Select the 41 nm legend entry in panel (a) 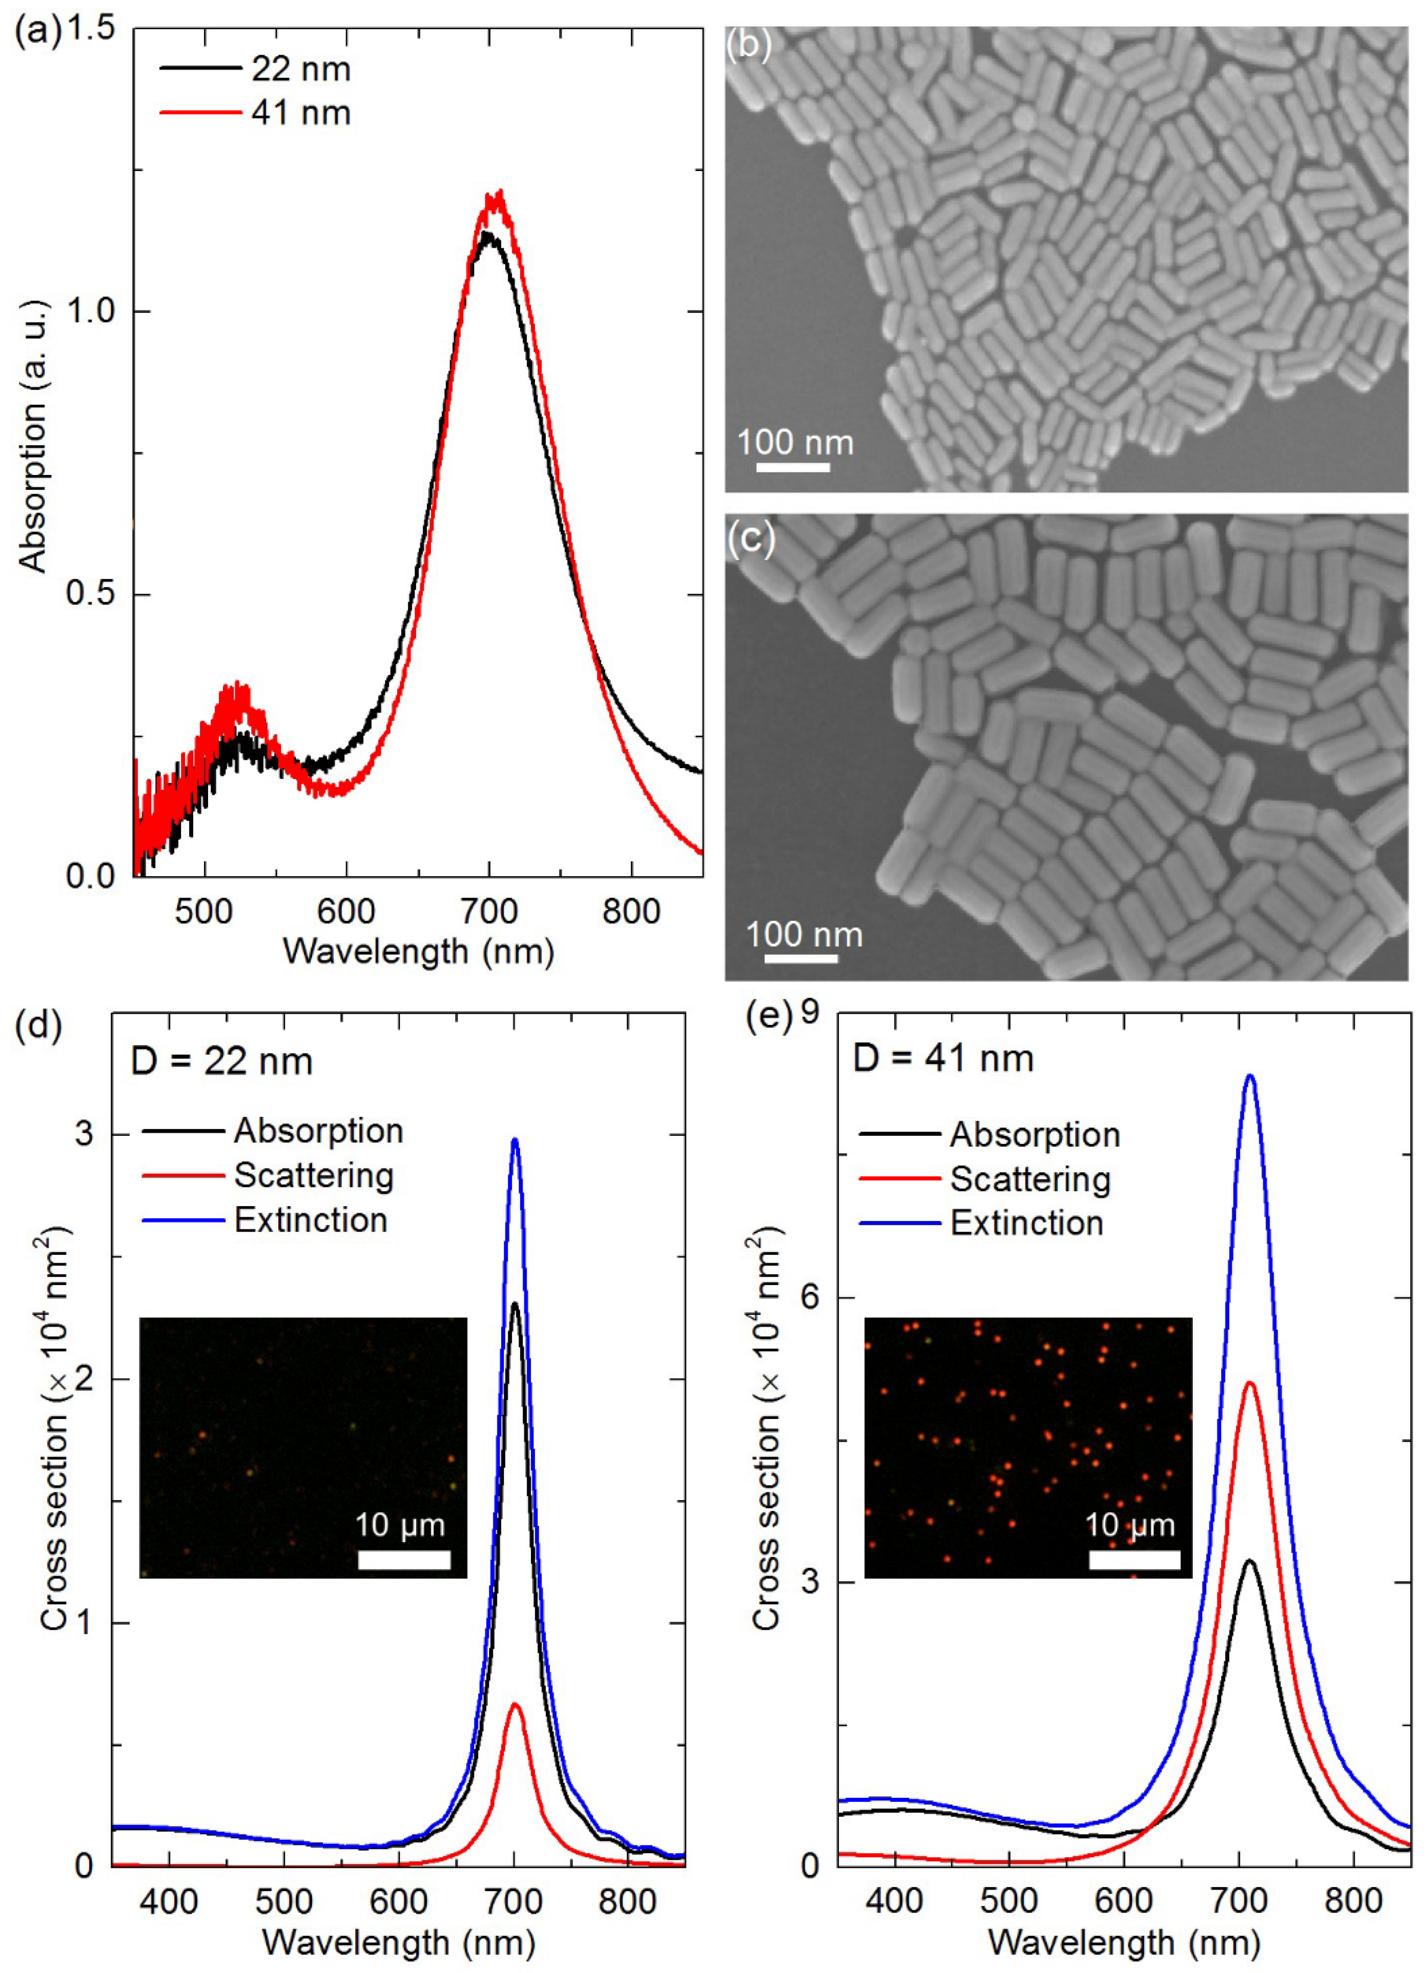(x=300, y=113)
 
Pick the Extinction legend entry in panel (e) (x=1026, y=1223)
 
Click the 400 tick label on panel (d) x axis (x=169, y=1902)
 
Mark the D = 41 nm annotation (x=943, y=1059)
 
